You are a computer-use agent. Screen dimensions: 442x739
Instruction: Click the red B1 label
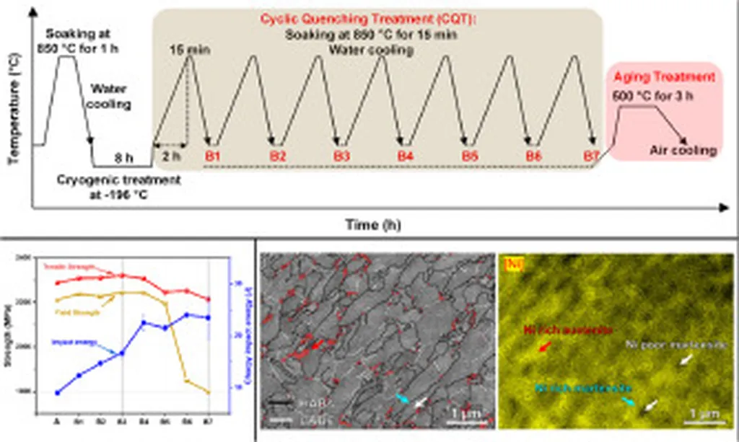[212, 155]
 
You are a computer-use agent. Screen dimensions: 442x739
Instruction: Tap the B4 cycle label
[406, 155]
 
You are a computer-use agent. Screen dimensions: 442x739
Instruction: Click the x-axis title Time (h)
[372, 224]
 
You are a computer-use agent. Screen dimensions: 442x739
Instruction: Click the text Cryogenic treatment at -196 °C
[119, 187]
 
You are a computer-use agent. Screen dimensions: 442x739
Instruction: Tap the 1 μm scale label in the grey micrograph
[462, 411]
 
